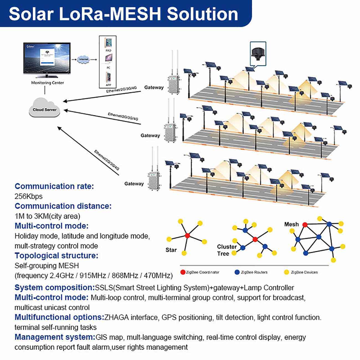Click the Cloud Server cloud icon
tap(44, 109)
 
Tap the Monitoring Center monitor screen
tap(47, 58)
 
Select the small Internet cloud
tap(84, 59)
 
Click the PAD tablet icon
tap(108, 43)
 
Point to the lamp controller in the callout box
tap(258, 53)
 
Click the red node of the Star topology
tap(187, 236)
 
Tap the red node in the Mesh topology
tap(305, 225)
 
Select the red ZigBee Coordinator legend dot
tap(183, 272)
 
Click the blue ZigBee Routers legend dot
tap(237, 272)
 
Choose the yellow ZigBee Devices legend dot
tap(287, 272)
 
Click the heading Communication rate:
tap(54, 186)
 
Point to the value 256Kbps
tap(29, 196)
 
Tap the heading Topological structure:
tap(56, 256)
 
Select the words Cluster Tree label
tap(227, 250)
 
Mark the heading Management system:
tap(55, 337)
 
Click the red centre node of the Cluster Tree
tap(255, 239)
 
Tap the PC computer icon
tap(108, 59)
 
